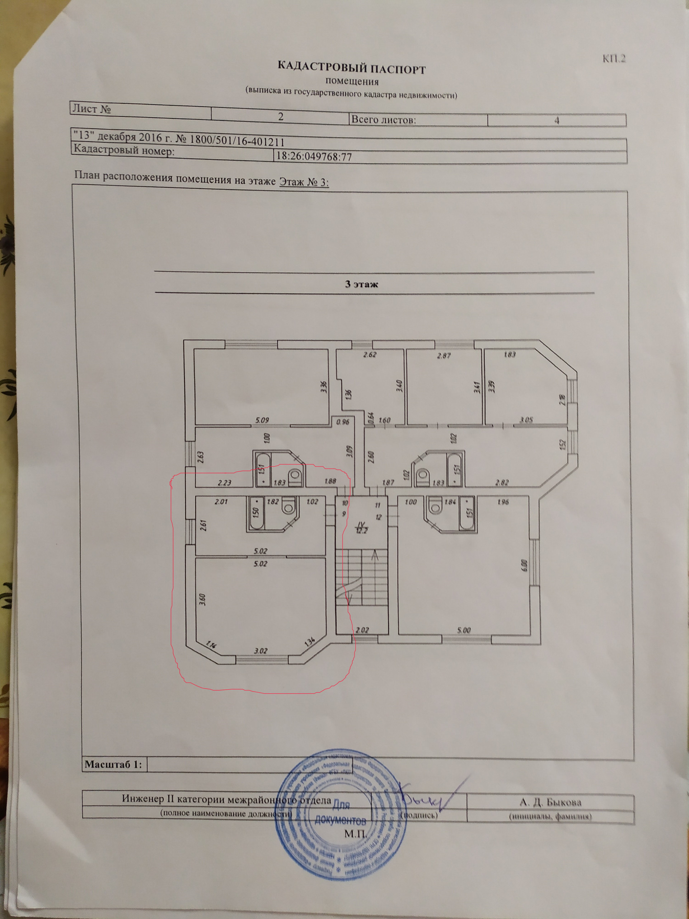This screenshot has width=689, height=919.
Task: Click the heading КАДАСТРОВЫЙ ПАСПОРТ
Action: tap(351, 68)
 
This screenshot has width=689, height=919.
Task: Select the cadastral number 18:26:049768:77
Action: tap(314, 157)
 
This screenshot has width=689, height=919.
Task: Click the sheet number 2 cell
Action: tap(281, 117)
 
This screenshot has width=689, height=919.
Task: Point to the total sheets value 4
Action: tap(557, 121)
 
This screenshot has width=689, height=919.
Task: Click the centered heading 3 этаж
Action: tap(361, 285)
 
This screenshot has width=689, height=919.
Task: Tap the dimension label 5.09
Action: tap(262, 420)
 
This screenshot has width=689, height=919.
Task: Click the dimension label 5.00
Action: tap(464, 630)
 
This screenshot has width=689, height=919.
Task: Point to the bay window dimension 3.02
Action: tap(261, 650)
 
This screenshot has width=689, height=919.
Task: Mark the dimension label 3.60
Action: tap(203, 599)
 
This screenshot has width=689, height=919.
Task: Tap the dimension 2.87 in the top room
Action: tap(444, 356)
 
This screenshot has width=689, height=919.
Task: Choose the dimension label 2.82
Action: tap(502, 482)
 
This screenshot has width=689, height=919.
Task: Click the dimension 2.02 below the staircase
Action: tap(362, 630)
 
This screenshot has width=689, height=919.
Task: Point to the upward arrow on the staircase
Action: tap(375, 555)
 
